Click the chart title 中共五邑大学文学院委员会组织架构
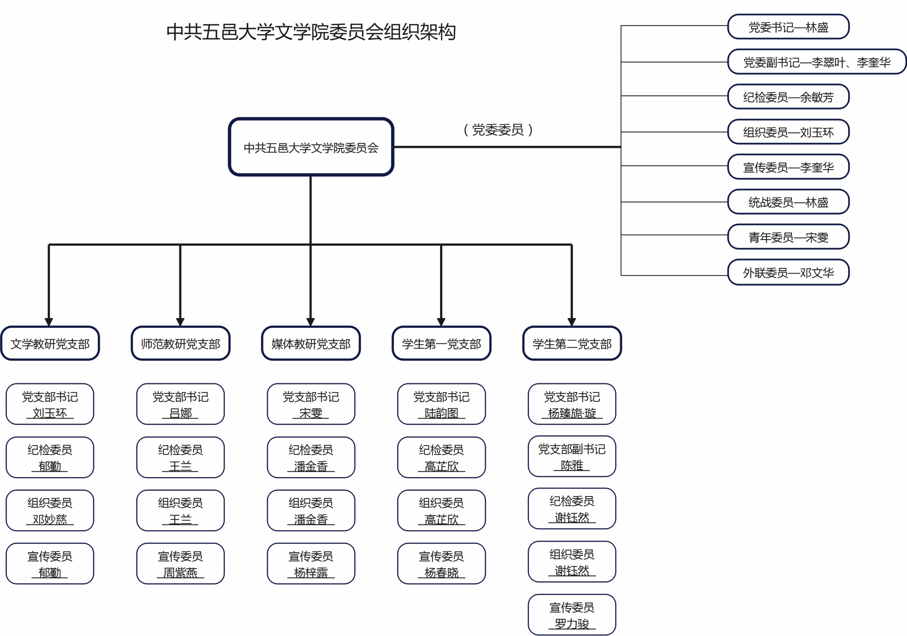click(311, 32)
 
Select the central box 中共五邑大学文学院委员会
click(311, 147)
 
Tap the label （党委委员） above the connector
click(498, 130)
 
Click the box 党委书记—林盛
click(788, 27)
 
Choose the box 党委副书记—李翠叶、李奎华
click(816, 62)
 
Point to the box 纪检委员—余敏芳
click(788, 97)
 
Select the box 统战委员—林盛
click(788, 202)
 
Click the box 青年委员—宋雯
click(788, 237)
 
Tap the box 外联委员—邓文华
click(788, 272)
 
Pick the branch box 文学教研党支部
click(50, 344)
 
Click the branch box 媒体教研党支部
click(311, 344)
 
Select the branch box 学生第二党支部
click(572, 344)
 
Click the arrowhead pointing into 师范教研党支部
click(180, 322)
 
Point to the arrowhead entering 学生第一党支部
click(441, 322)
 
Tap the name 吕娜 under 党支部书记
click(181, 413)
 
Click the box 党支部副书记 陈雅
click(572, 457)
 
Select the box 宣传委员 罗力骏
click(572, 615)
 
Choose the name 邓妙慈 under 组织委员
click(50, 519)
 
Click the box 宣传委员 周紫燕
click(181, 563)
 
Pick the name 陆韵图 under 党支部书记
click(442, 413)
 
